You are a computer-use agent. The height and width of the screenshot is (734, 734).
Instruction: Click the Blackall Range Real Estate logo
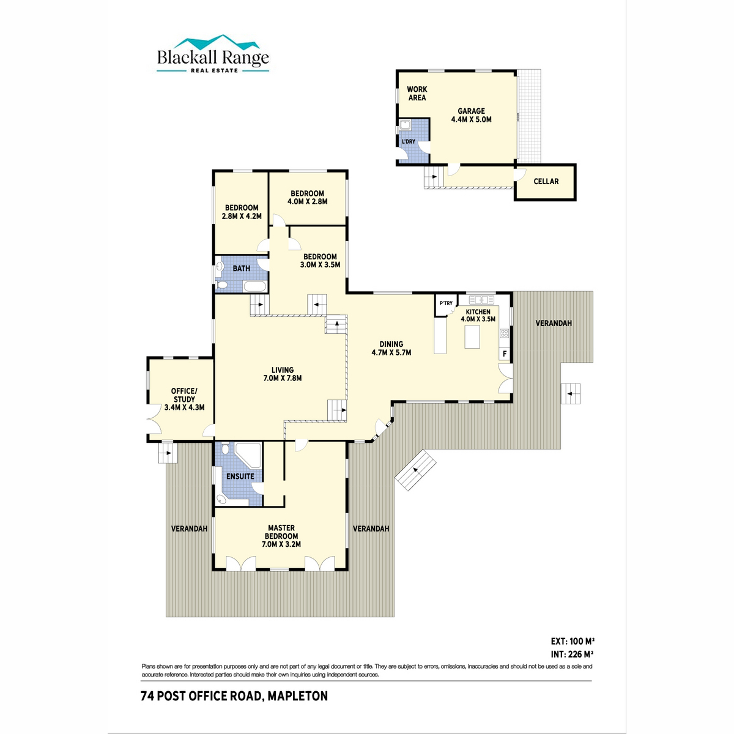(x=213, y=54)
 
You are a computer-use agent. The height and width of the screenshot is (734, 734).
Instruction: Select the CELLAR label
(x=546, y=181)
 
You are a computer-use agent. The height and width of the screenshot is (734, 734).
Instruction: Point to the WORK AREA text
(x=417, y=94)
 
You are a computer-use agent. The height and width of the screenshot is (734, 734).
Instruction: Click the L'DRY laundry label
(x=409, y=142)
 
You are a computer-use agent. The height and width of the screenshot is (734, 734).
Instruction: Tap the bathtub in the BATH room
(x=255, y=287)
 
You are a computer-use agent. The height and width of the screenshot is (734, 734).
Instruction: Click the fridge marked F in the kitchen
(x=504, y=354)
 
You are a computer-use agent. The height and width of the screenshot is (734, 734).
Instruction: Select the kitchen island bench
(x=472, y=336)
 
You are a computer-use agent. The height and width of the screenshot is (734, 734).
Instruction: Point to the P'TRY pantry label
(x=446, y=303)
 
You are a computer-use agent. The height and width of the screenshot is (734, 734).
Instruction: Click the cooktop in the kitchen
(x=504, y=334)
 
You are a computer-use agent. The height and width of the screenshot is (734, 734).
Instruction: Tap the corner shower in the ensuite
(x=248, y=455)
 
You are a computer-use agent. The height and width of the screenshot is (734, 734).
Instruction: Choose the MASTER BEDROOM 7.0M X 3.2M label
(x=281, y=536)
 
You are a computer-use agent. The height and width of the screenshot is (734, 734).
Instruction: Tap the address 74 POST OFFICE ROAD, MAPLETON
(x=234, y=696)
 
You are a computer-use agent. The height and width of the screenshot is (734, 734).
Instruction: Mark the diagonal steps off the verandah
(x=415, y=470)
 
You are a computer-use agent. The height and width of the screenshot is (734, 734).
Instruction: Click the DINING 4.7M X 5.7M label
(x=391, y=348)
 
